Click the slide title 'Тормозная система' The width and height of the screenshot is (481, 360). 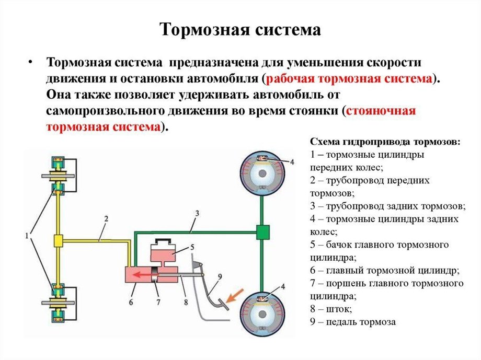[240, 29]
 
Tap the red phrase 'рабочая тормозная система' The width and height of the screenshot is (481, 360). [350, 79]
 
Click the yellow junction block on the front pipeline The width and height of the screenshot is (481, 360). [58, 241]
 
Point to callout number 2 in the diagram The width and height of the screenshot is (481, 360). [106, 218]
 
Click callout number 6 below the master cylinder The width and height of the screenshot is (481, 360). [131, 302]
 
